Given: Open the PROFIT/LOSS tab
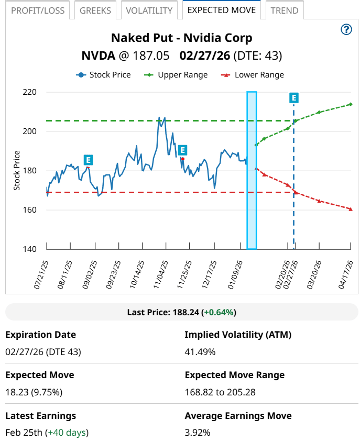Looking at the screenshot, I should pos(38,10).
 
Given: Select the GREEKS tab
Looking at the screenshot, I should pos(95,10).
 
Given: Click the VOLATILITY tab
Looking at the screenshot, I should pos(149,10).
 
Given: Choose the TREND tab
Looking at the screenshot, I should pos(285,10).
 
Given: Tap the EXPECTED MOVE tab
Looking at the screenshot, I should pos(221,10).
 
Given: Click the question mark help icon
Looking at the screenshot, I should pos(346,30).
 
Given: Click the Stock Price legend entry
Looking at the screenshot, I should pos(104,75).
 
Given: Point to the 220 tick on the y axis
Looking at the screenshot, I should pos(29,92).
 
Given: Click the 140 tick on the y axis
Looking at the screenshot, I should pos(29,249).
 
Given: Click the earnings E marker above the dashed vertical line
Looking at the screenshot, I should pos(294,98).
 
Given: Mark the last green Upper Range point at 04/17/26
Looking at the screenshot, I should pos(351,104).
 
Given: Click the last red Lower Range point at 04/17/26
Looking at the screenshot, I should pos(351,209).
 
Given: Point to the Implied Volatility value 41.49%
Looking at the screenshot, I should pos(200,352).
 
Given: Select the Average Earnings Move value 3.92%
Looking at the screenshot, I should pos(198,433).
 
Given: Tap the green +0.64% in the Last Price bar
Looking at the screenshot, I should pos(220,312).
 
